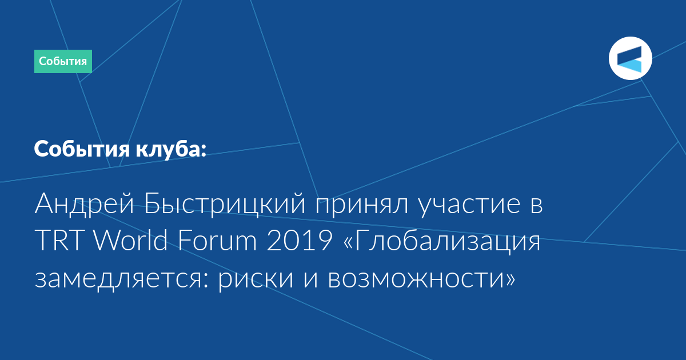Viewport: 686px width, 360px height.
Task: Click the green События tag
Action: pos(63,61)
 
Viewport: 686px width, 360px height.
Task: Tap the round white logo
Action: pos(630,58)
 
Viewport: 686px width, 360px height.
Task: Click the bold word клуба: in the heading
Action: pos(171,149)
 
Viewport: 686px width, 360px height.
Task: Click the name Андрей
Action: pos(84,204)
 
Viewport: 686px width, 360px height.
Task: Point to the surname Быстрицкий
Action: pos(225,204)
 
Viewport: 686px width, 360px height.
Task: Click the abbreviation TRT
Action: pos(59,241)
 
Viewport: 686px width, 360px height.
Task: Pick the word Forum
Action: pos(217,241)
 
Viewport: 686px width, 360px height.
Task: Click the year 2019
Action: pos(300,241)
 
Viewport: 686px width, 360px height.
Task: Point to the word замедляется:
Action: pos(121,279)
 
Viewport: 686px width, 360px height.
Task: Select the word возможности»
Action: pos(421,279)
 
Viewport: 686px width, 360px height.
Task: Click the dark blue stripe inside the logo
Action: pos(629,55)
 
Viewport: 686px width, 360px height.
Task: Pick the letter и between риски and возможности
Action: pos(310,279)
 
